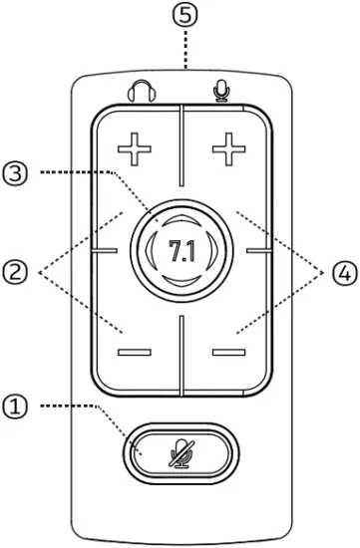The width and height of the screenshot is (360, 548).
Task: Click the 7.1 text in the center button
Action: tap(180, 251)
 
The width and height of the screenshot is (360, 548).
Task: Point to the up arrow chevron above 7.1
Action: tap(180, 218)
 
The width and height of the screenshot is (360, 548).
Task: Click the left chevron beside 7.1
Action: tap(149, 251)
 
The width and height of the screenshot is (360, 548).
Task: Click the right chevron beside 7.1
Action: tap(213, 251)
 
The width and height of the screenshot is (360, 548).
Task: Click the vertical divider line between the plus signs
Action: tap(180, 149)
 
